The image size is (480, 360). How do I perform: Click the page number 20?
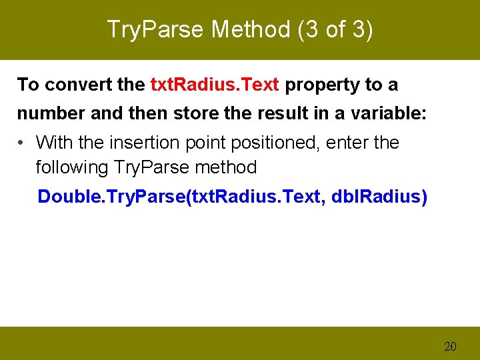click(x=450, y=346)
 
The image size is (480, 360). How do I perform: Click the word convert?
click(x=71, y=85)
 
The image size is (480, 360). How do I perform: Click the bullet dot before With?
click(x=22, y=143)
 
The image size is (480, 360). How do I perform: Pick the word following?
click(x=72, y=167)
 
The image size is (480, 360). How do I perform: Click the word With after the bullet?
click(x=53, y=143)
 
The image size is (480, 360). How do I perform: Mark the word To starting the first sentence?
click(x=28, y=85)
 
